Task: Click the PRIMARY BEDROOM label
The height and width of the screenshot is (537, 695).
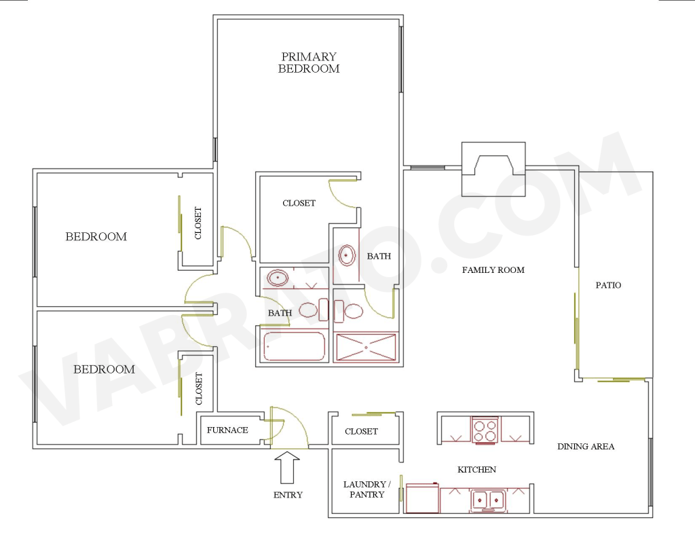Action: point(309,62)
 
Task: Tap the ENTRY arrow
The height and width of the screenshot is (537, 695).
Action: point(287,467)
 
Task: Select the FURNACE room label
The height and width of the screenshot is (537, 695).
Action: point(227,430)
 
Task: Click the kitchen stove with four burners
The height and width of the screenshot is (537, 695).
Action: point(485,430)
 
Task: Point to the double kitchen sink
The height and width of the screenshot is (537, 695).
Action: point(488,500)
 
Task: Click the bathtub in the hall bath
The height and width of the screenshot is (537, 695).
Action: point(294,346)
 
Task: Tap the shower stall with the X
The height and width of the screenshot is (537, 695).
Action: point(366,347)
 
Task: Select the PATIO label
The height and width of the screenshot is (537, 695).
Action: point(608,285)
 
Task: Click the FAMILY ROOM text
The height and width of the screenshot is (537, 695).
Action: point(493,270)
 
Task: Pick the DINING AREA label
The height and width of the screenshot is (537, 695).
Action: point(586,447)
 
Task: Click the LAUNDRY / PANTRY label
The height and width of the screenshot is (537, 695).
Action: point(367,489)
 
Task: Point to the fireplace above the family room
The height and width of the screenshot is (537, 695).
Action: point(493,169)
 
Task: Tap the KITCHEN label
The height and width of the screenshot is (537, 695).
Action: point(476,469)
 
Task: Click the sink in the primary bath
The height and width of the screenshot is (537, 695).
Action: point(347,255)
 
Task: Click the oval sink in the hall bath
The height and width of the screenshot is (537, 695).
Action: point(278,278)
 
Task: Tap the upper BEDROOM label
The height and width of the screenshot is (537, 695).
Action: point(96,236)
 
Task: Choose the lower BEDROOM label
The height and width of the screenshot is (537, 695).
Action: point(104,369)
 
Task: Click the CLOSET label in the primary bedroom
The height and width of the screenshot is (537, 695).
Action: point(299,203)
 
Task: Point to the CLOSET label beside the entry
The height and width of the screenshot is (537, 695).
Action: point(361,431)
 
